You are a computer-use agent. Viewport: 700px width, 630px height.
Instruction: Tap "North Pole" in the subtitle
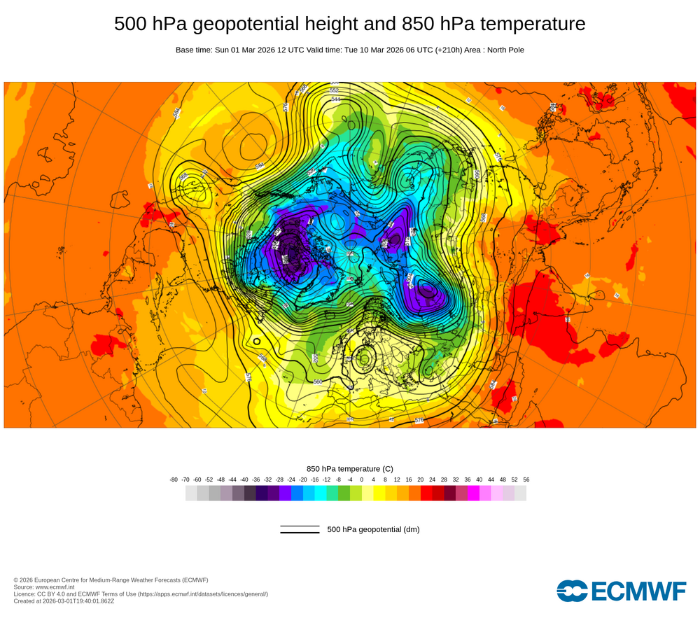click(x=503, y=50)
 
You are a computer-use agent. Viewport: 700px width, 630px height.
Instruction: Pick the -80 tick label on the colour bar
click(x=174, y=479)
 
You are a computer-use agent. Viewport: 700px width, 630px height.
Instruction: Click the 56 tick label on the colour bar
click(x=526, y=479)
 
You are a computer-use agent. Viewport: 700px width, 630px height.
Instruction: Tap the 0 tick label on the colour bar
click(x=362, y=479)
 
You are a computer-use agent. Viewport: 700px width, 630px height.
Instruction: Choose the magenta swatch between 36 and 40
click(x=473, y=493)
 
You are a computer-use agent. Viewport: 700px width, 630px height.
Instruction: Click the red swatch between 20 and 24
click(x=426, y=493)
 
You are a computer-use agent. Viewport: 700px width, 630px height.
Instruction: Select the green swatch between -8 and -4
click(x=344, y=493)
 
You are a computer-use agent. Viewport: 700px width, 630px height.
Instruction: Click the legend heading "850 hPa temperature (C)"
click(x=350, y=469)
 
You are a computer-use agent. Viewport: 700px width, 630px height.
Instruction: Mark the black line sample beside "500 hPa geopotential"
click(x=300, y=529)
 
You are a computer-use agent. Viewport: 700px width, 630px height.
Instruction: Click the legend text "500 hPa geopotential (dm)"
click(x=373, y=529)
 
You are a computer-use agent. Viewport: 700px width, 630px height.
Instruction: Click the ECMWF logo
click(x=622, y=591)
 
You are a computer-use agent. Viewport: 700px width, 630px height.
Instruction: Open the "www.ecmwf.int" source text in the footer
click(x=59, y=587)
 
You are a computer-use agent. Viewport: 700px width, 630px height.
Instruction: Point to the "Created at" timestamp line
click(x=64, y=601)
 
